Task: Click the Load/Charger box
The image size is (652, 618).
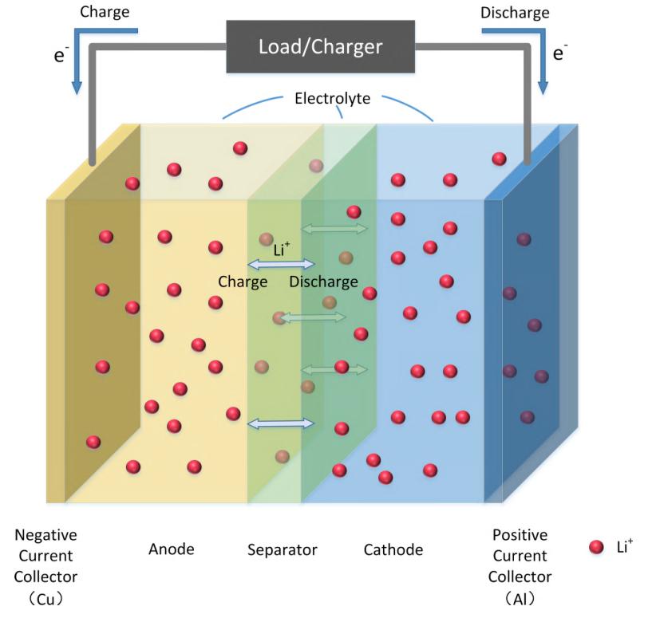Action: point(320,46)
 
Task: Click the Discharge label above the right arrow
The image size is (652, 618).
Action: point(515,13)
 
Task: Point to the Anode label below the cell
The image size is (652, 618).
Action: point(171,549)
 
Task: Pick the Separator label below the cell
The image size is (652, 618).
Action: point(283,549)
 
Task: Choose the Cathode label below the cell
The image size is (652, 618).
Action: point(393,549)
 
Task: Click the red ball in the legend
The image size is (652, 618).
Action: point(595,547)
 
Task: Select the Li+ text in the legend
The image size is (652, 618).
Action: point(623,545)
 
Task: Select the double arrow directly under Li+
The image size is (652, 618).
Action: point(282,265)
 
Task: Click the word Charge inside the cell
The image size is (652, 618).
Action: point(243,281)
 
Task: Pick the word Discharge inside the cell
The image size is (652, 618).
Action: point(323,281)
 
